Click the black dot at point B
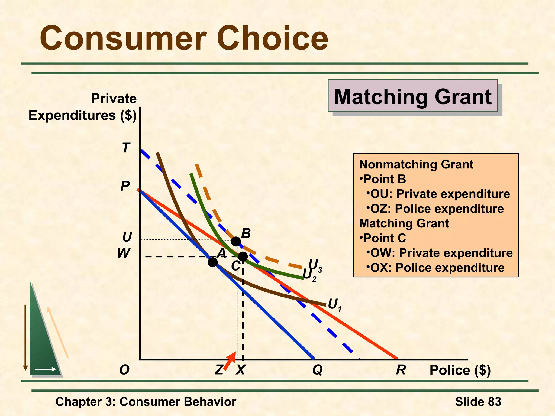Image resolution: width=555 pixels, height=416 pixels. [236, 241]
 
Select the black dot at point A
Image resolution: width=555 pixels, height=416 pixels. [213, 262]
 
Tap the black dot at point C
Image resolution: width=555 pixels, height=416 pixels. [243, 256]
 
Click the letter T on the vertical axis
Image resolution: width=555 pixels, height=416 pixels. [126, 148]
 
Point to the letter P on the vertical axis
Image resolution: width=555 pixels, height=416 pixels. [125, 186]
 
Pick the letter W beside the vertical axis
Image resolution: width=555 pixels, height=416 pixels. [124, 253]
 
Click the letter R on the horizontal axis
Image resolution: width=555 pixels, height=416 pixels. [401, 370]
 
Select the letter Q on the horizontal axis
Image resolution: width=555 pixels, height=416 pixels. [317, 370]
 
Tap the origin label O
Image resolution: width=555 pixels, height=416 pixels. [124, 370]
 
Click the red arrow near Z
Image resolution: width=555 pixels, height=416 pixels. [230, 361]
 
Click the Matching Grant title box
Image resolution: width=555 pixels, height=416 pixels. [412, 96]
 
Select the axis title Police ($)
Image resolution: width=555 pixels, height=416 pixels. [460, 370]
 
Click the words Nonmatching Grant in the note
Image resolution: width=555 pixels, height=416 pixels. [416, 164]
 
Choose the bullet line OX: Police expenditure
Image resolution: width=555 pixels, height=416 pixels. [437, 268]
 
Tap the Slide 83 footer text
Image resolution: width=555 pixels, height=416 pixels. [478, 402]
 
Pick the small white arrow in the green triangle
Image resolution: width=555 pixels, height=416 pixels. [46, 369]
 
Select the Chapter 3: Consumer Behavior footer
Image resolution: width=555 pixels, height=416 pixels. [146, 402]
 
